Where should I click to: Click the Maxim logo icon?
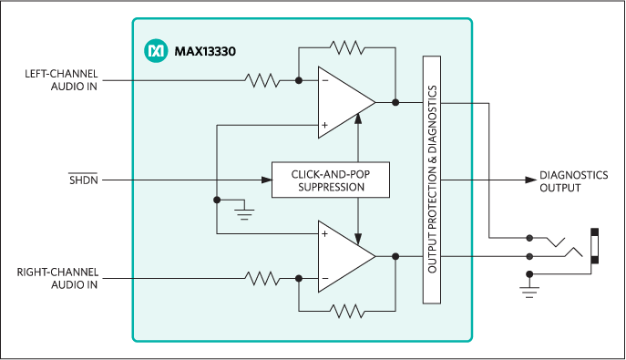click(x=155, y=51)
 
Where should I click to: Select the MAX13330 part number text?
click(x=205, y=52)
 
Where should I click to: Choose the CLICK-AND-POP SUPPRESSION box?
click(x=331, y=180)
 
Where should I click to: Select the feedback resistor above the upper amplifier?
click(x=346, y=46)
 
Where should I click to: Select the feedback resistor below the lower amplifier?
click(x=346, y=312)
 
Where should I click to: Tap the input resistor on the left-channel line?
click(x=262, y=81)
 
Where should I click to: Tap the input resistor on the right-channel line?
click(x=262, y=277)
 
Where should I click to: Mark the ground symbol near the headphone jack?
click(x=529, y=291)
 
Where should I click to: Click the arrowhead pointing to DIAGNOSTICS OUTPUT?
click(x=529, y=180)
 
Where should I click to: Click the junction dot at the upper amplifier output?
click(x=395, y=102)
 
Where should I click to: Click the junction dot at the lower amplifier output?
click(x=395, y=256)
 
